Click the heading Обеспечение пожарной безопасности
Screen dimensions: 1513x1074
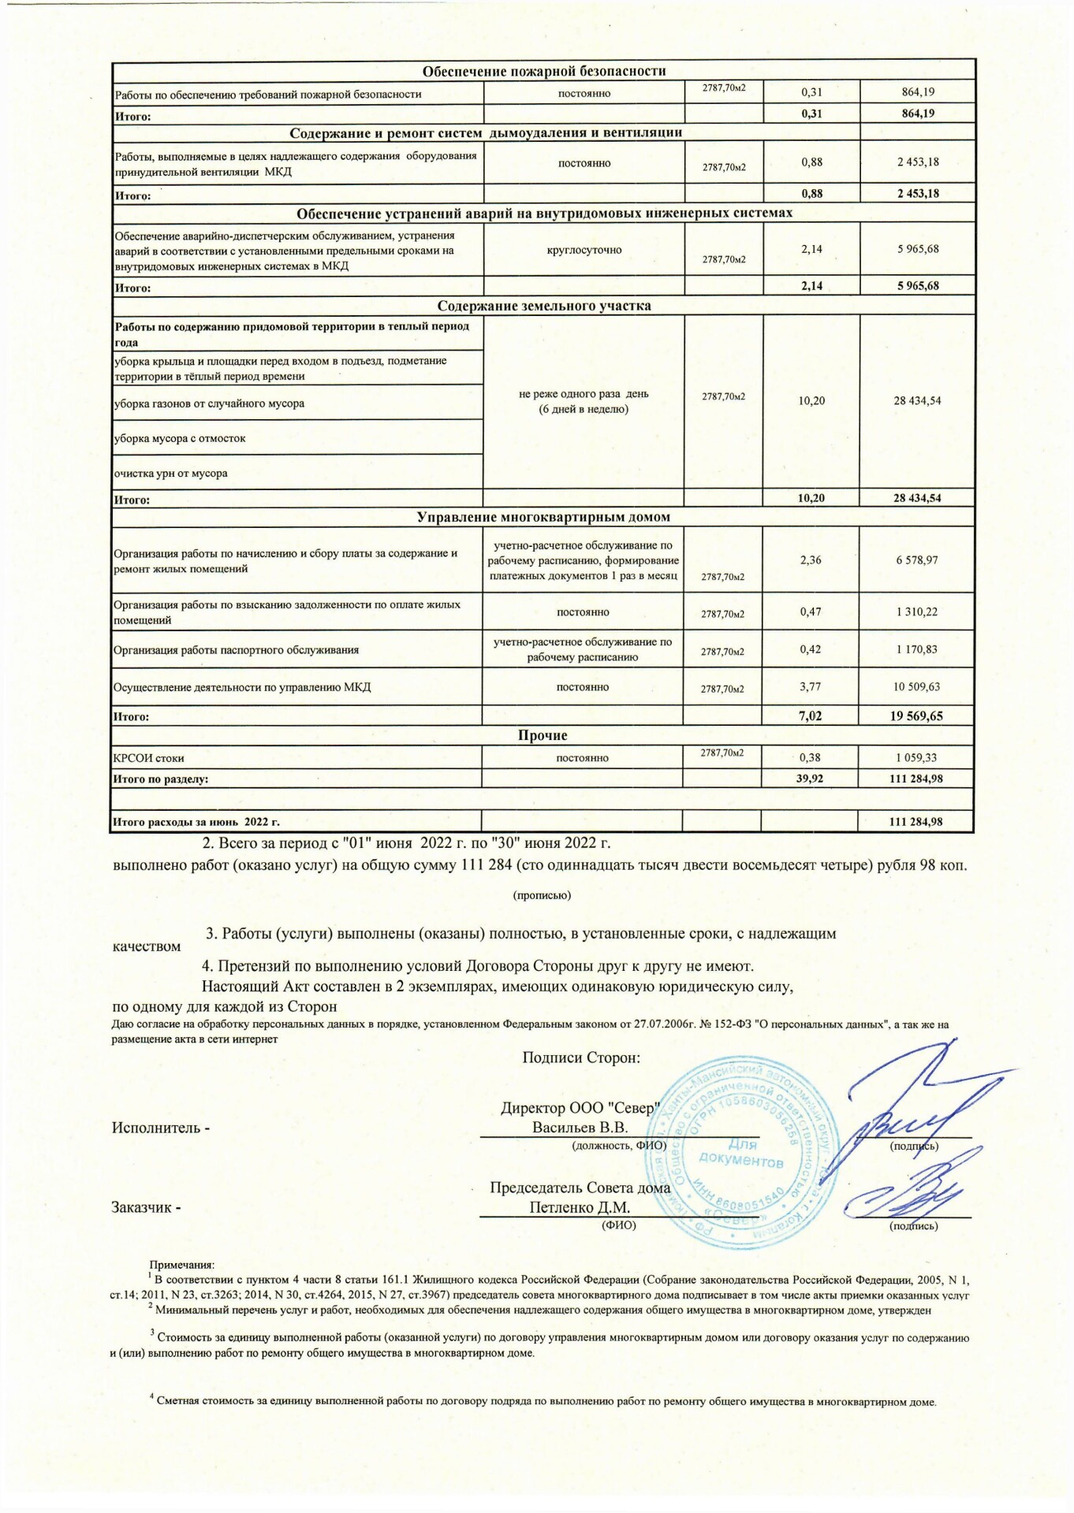(x=543, y=72)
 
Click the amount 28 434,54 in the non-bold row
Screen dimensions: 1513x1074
(x=917, y=400)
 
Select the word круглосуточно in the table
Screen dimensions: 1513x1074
(x=584, y=250)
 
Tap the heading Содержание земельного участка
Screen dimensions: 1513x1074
(x=543, y=306)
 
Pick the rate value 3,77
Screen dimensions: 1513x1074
(x=811, y=686)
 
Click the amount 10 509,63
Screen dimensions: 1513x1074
(x=916, y=686)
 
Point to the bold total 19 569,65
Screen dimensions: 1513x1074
(x=917, y=716)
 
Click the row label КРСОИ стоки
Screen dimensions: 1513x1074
(x=149, y=758)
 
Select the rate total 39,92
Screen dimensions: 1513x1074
(x=811, y=779)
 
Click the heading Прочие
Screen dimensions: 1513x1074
(x=543, y=735)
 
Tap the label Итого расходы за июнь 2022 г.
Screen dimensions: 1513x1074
(x=196, y=822)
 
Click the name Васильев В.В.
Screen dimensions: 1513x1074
(x=580, y=1127)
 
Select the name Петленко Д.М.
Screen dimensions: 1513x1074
(x=580, y=1207)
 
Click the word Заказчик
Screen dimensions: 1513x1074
(x=143, y=1207)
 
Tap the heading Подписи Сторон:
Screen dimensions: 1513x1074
(x=580, y=1058)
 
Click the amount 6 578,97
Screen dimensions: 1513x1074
(x=917, y=560)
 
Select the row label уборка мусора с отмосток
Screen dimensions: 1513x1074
(x=181, y=438)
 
